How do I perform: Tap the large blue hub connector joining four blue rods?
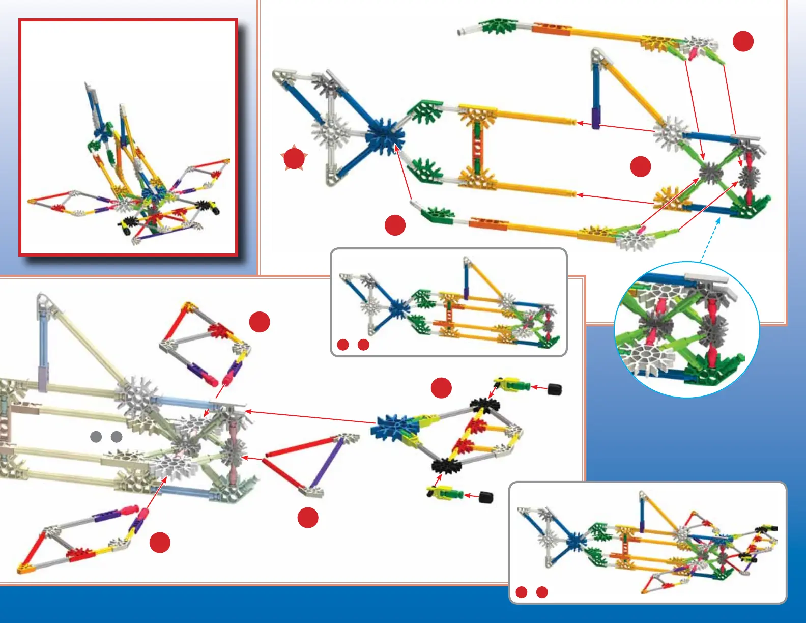[385, 136]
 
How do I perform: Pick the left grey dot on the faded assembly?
[96, 436]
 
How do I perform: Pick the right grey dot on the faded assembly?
[117, 436]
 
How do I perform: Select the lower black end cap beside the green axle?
[486, 497]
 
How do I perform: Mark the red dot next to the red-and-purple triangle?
[308, 518]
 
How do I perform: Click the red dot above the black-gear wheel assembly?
[441, 388]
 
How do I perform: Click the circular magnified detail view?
[687, 329]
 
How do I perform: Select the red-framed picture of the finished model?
[128, 137]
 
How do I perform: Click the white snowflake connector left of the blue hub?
[331, 133]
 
